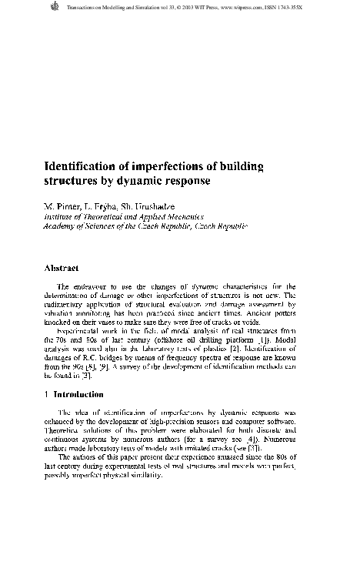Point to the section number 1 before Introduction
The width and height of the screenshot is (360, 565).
(46, 394)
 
